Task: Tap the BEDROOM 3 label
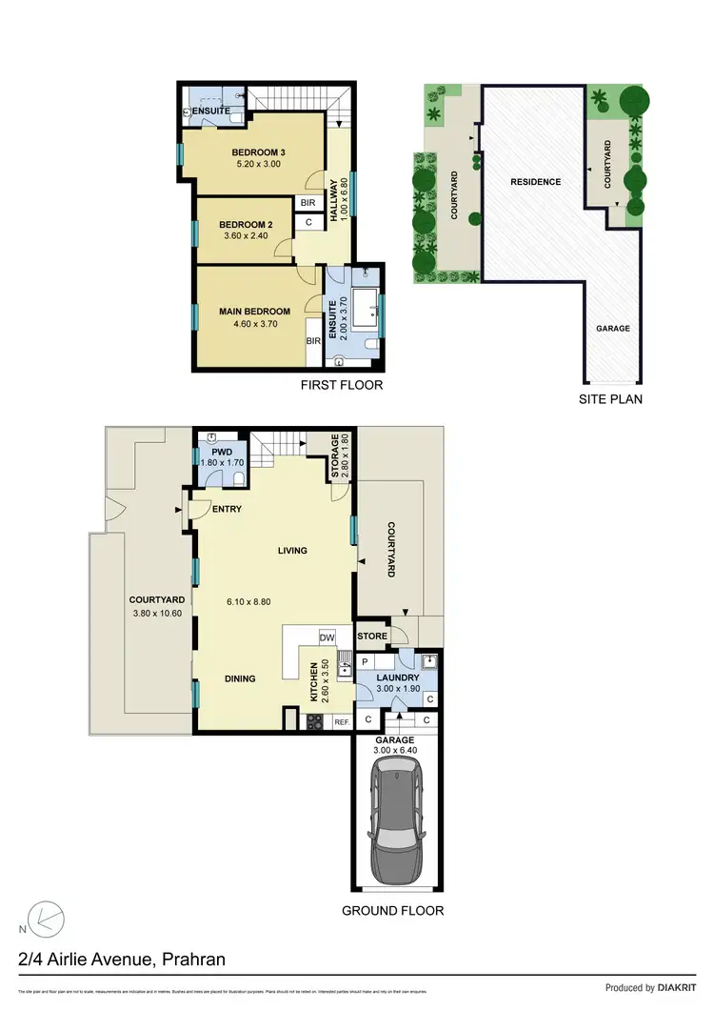pyautogui.click(x=259, y=152)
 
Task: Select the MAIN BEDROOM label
pyautogui.click(x=254, y=312)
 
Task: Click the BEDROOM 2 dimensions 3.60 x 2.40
pyautogui.click(x=246, y=235)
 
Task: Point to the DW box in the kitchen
pyautogui.click(x=326, y=637)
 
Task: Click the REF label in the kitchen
pyautogui.click(x=341, y=723)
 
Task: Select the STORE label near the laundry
pyautogui.click(x=372, y=636)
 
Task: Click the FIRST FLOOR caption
pyautogui.click(x=341, y=386)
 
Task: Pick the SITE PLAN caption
pyautogui.click(x=610, y=399)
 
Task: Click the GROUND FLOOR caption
pyautogui.click(x=392, y=911)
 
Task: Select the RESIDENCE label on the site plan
pyautogui.click(x=535, y=182)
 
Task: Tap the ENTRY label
pyautogui.click(x=227, y=509)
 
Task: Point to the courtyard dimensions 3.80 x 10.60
pyautogui.click(x=156, y=613)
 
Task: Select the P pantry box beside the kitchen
pyautogui.click(x=365, y=660)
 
